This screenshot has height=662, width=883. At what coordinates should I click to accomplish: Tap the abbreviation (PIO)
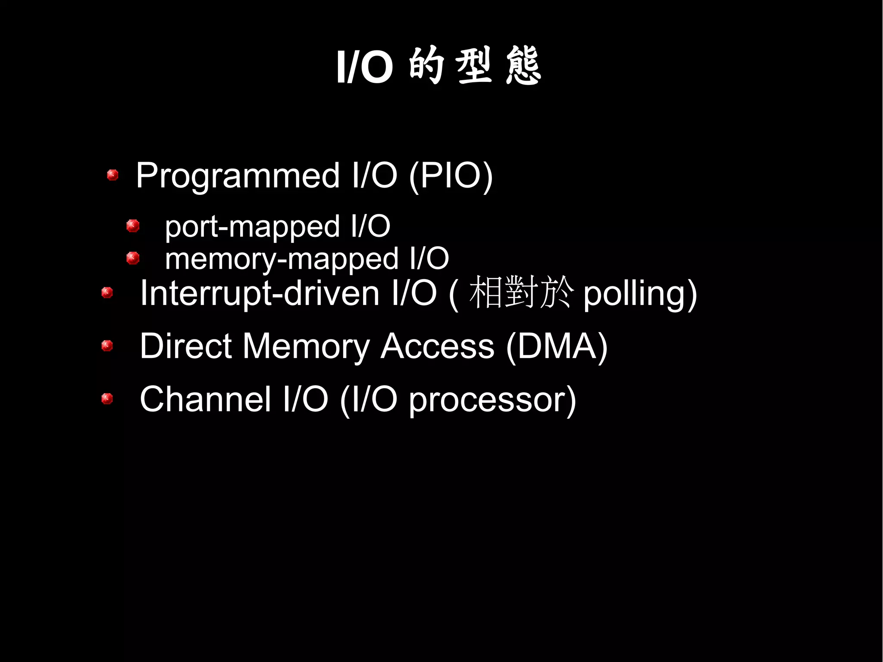click(451, 176)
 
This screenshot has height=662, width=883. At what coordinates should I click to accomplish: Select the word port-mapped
click(253, 227)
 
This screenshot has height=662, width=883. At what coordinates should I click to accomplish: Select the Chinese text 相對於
click(521, 293)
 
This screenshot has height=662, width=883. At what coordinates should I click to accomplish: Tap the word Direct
click(186, 346)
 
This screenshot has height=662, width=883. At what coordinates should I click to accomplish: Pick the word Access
click(437, 346)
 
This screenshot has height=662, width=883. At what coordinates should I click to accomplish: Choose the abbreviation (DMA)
click(557, 346)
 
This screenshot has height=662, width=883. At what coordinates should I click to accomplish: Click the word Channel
click(205, 399)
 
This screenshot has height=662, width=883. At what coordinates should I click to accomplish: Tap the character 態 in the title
click(523, 66)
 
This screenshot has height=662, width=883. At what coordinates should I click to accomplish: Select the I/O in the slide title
click(365, 67)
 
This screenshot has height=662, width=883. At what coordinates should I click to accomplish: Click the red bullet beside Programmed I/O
click(113, 175)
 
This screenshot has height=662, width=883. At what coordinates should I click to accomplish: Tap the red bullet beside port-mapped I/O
click(133, 226)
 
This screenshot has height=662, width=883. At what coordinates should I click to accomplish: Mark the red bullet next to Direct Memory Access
click(107, 345)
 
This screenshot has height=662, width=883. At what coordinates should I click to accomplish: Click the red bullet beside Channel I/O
click(107, 398)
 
